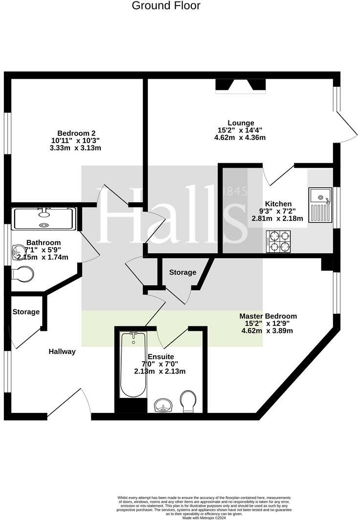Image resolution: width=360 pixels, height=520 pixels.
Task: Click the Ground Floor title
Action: [166, 6]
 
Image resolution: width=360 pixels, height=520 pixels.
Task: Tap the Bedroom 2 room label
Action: [76, 133]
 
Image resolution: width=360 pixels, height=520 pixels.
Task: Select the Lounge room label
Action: [241, 123]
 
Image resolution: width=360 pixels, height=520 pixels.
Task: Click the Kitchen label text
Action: [278, 204]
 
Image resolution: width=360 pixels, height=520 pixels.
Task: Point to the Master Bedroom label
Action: [268, 316]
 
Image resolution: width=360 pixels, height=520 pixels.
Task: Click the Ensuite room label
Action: [160, 357]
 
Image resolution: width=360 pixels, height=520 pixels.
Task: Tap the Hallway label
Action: [62, 351]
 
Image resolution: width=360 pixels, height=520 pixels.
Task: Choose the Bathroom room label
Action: [44, 242]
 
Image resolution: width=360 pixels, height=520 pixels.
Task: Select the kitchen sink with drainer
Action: [320, 205]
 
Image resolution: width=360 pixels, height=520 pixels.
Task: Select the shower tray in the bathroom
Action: [45, 218]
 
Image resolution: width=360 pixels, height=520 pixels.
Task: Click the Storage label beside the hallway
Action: [26, 312]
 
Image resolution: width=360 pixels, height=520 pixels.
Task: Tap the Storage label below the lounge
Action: [182, 272]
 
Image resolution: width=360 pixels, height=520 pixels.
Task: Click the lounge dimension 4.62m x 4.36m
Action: [240, 137]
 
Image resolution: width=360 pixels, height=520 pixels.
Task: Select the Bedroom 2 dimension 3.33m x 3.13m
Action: [75, 148]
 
